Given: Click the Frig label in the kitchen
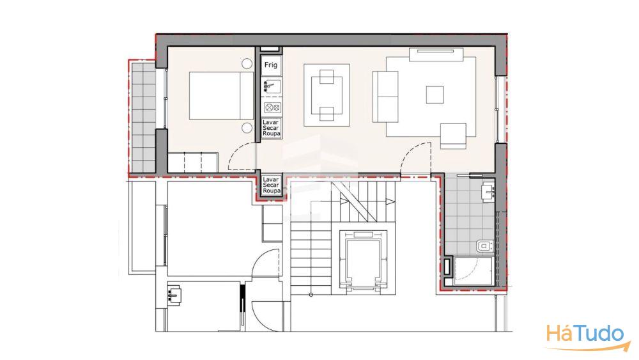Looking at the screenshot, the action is click(270, 65).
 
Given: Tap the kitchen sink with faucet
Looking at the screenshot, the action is click(272, 86).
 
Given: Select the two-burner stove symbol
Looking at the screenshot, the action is click(272, 107).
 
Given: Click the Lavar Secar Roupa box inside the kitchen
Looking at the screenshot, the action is click(272, 128).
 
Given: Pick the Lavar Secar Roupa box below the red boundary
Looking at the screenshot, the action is click(272, 185).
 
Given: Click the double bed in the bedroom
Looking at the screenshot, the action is click(221, 96).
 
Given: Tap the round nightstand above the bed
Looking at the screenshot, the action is click(247, 63).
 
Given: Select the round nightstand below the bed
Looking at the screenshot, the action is click(247, 128).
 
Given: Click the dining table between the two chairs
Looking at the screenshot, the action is click(327, 96).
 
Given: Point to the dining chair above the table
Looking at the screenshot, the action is click(327, 77).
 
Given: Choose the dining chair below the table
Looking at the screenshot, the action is click(327, 114).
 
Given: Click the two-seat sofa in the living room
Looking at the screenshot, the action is click(385, 97).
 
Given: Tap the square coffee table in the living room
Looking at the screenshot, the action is click(435, 95).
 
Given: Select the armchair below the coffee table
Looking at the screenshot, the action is click(453, 136).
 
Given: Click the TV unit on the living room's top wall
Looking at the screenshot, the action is click(436, 54).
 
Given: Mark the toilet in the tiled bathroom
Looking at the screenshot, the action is click(485, 246).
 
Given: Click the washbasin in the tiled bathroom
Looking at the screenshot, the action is click(488, 193).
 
